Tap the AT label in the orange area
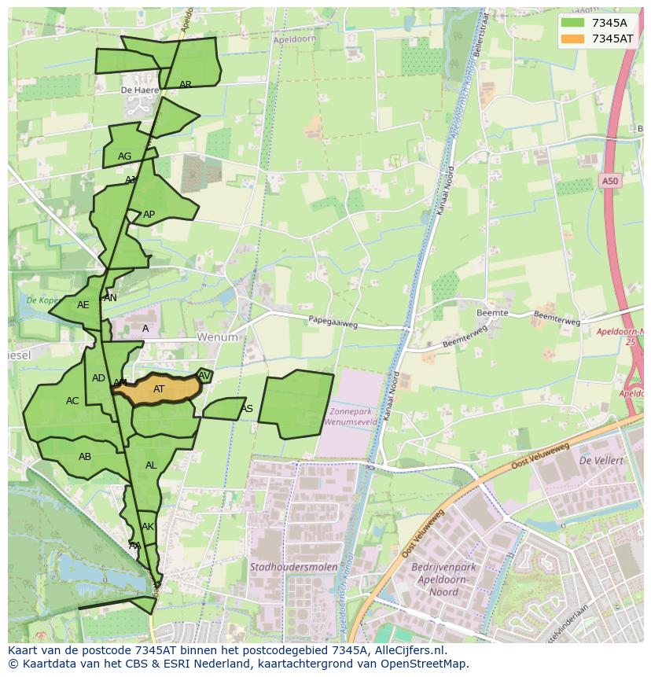click(159, 388)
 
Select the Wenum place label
click(217, 337)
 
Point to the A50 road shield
click(610, 182)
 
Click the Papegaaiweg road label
click(333, 321)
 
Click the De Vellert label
click(601, 460)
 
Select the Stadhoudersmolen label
click(293, 566)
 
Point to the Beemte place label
click(492, 312)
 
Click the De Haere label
click(139, 90)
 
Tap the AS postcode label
click(247, 408)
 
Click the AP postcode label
click(149, 215)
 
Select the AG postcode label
click(124, 156)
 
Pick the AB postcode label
click(85, 457)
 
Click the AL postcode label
click(151, 465)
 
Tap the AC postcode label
click(72, 401)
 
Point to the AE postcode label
click(83, 305)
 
